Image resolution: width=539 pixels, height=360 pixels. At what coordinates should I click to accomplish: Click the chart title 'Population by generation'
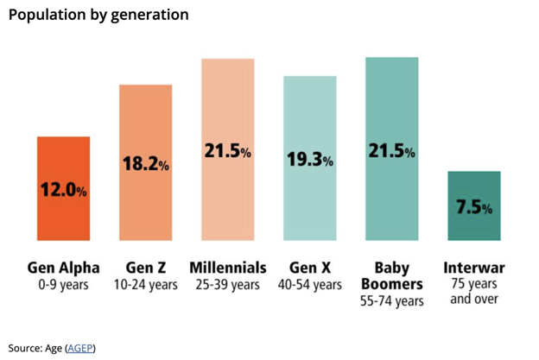(98, 15)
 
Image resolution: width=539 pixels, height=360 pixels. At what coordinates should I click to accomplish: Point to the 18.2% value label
(145, 162)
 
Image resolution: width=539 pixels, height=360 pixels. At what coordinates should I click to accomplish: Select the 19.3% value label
(309, 158)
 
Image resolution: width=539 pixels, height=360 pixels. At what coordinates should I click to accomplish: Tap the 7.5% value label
(473, 208)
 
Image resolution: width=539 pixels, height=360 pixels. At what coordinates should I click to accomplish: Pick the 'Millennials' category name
(227, 268)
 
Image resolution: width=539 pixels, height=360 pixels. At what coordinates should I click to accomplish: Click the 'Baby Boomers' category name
(391, 275)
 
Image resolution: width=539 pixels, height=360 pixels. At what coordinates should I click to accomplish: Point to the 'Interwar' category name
(473, 268)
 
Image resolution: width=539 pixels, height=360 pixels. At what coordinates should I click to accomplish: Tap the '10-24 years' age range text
(145, 284)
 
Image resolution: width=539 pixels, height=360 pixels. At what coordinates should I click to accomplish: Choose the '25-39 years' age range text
(227, 284)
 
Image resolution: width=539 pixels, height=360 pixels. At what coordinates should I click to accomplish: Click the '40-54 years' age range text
(309, 284)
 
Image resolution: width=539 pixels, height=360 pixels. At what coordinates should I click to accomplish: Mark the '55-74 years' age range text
(391, 301)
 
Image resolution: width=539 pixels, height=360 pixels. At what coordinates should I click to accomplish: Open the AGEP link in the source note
(79, 347)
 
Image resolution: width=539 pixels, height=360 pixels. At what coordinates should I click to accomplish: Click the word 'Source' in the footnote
(22, 347)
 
